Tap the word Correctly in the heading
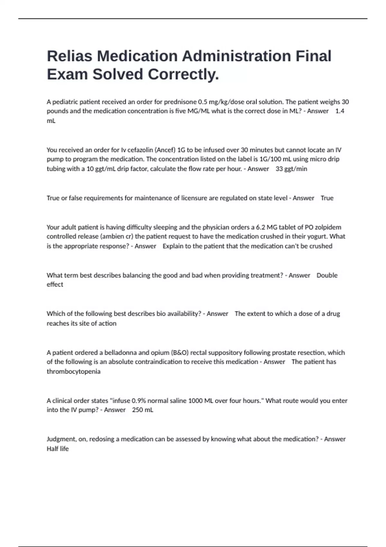pyautogui.click(x=183, y=74)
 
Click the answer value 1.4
pyautogui.click(x=340, y=111)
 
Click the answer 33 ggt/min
pyautogui.click(x=291, y=169)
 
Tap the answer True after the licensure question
pyautogui.click(x=327, y=198)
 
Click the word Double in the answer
pyautogui.click(x=327, y=275)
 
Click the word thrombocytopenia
pyautogui.click(x=73, y=372)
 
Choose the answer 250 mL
pyautogui.click(x=142, y=410)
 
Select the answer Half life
pyautogui.click(x=58, y=449)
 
